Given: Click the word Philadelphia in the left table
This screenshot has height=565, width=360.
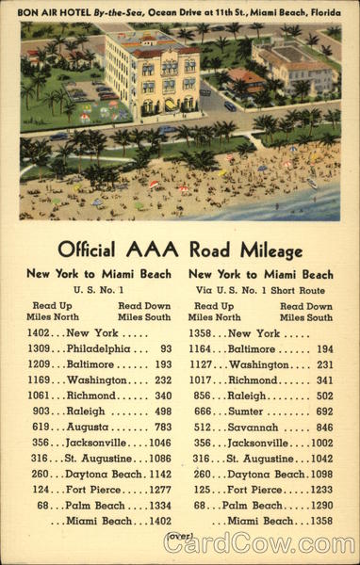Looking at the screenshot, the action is click(99, 348).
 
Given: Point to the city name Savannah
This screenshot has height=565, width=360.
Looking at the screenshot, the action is click(254, 427).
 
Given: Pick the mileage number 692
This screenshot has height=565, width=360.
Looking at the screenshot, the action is click(324, 412).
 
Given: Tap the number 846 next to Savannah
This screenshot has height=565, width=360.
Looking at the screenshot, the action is click(324, 427).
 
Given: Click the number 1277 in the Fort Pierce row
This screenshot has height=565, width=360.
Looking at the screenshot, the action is click(159, 490).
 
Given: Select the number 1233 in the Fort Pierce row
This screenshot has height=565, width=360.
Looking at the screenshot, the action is click(321, 490).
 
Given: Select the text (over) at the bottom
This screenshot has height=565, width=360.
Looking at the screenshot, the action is click(179, 536).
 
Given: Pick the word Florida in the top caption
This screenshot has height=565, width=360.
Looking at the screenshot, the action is click(320, 10).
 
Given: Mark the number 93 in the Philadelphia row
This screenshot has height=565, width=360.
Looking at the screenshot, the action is click(166, 348).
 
